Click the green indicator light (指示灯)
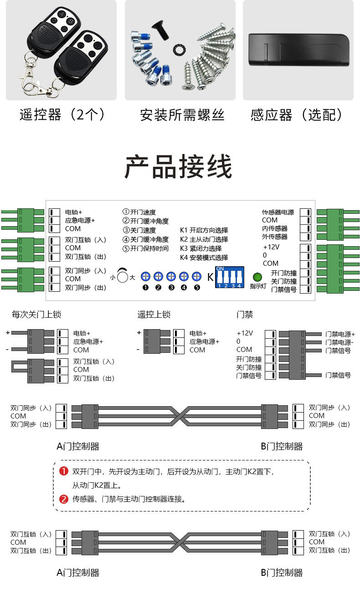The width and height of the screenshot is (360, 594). click(257, 277)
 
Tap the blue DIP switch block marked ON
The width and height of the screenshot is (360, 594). click(230, 277)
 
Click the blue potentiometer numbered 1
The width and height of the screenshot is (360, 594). click(145, 276)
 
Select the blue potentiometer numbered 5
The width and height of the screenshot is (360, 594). click(196, 276)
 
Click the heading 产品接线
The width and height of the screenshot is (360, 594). click(179, 167)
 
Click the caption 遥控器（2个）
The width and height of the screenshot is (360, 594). click(62, 114)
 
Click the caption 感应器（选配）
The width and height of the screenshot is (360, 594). click(296, 114)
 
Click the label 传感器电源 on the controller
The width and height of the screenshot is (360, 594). click(278, 212)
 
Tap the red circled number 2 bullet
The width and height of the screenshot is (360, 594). click(64, 499)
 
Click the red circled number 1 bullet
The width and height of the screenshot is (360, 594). click(64, 471)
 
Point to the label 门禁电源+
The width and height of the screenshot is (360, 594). click(340, 334)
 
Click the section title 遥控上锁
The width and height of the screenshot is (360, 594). click(154, 315)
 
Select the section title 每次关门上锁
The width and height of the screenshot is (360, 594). click(36, 315)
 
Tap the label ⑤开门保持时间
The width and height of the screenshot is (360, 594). click(145, 248)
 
